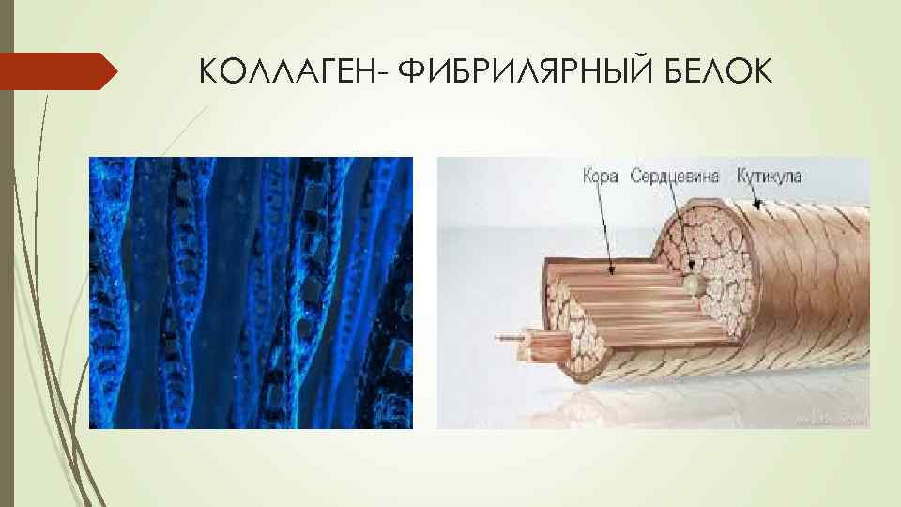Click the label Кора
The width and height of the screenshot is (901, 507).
pos(600,177)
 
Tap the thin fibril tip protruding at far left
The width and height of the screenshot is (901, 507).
pos(501,336)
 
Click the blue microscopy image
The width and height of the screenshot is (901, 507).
pos(251,292)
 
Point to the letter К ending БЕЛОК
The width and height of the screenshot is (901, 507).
pos(762,71)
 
